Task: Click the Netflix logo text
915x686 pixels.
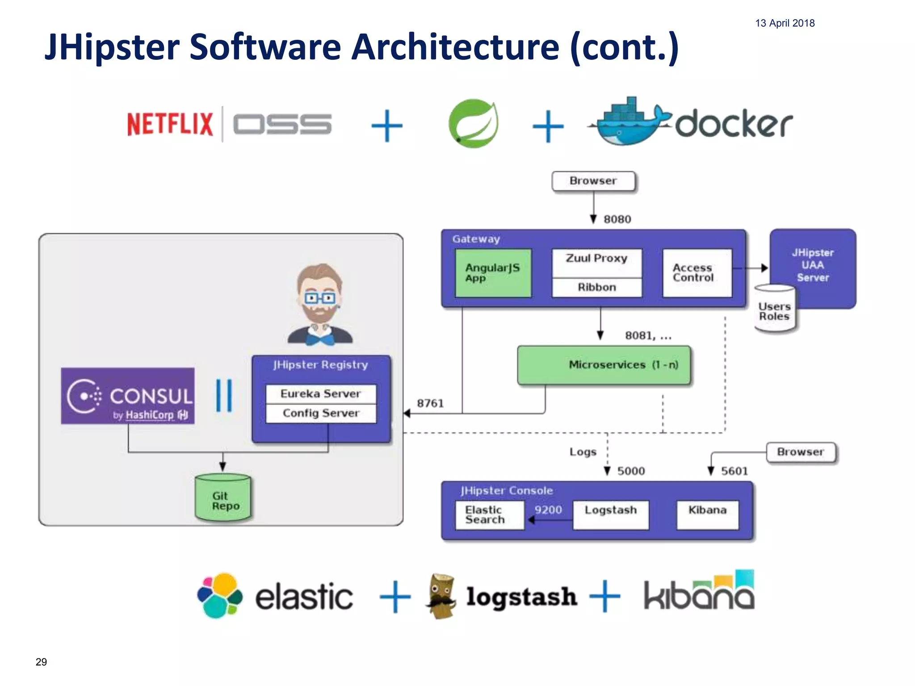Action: pos(170,124)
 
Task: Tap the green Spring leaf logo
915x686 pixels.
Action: pos(474,124)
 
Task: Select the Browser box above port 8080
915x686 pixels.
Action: pos(593,181)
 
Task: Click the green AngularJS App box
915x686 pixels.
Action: pos(493,273)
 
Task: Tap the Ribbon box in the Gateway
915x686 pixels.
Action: pos(596,288)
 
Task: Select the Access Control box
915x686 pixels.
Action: pos(697,273)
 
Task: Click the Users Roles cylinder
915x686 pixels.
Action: pos(774,310)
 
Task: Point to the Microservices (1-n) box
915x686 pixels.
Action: pos(604,365)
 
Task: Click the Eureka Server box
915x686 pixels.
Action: pos(320,394)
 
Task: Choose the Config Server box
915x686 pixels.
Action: pos(320,413)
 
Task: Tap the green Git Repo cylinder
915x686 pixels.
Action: pos(223,498)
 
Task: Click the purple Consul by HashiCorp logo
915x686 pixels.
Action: pos(128,396)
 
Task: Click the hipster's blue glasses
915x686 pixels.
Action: pos(319,298)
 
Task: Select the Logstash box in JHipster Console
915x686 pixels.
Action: pos(610,515)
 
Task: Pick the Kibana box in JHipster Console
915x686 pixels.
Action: pos(707,515)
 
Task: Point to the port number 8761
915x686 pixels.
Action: pos(430,404)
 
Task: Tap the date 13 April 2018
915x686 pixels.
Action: pos(785,23)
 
